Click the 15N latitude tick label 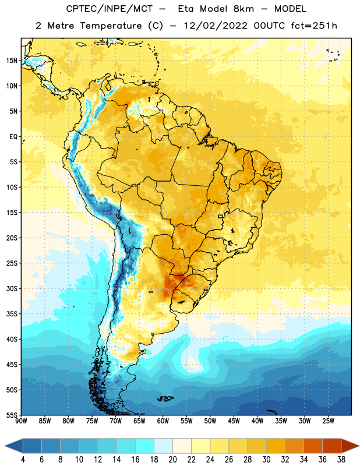click(12, 61)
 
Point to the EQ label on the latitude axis click(13, 137)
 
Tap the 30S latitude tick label click(12, 288)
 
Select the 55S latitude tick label click(12, 415)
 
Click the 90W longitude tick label click(21, 421)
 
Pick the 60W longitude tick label click(163, 421)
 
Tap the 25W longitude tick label click(328, 421)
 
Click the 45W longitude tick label click(234, 421)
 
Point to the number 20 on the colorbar click(172, 460)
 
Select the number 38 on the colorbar click(341, 460)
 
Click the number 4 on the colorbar click(23, 460)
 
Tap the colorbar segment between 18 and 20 click(164, 446)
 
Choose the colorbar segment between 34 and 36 click(313, 446)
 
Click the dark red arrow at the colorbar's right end click(350, 446)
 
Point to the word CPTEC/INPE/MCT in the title click(110, 9)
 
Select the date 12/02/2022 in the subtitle click(216, 26)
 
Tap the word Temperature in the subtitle click(111, 26)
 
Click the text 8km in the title click(243, 9)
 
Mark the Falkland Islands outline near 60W click(165, 398)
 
